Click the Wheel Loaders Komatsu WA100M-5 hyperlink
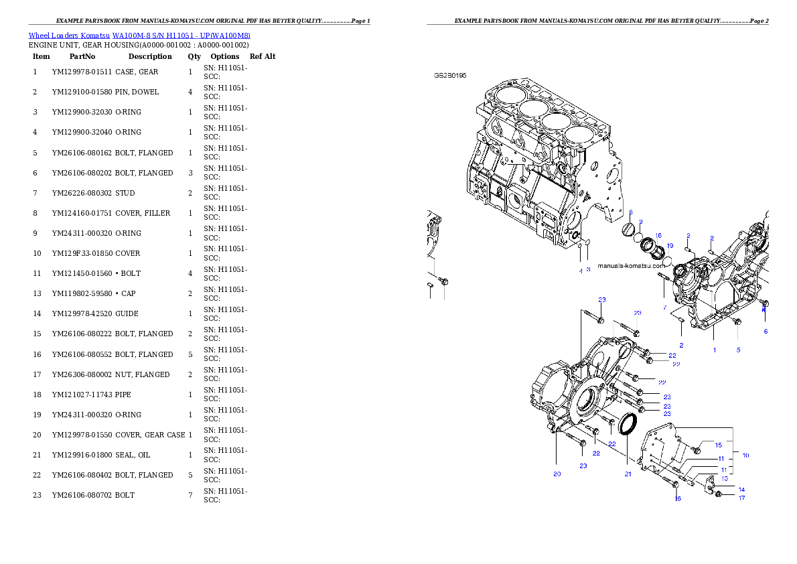[139, 36]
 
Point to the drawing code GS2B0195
[450, 76]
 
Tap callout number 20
[557, 474]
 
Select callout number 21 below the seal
[628, 474]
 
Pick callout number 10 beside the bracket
[745, 455]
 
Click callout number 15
[718, 445]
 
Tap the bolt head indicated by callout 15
[697, 449]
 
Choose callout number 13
[724, 478]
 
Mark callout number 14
[741, 490]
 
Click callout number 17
[741, 498]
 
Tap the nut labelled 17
[718, 495]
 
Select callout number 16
[678, 498]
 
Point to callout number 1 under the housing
[714, 350]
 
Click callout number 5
[739, 350]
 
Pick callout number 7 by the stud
[665, 307]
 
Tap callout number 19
[670, 246]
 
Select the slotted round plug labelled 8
[628, 230]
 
